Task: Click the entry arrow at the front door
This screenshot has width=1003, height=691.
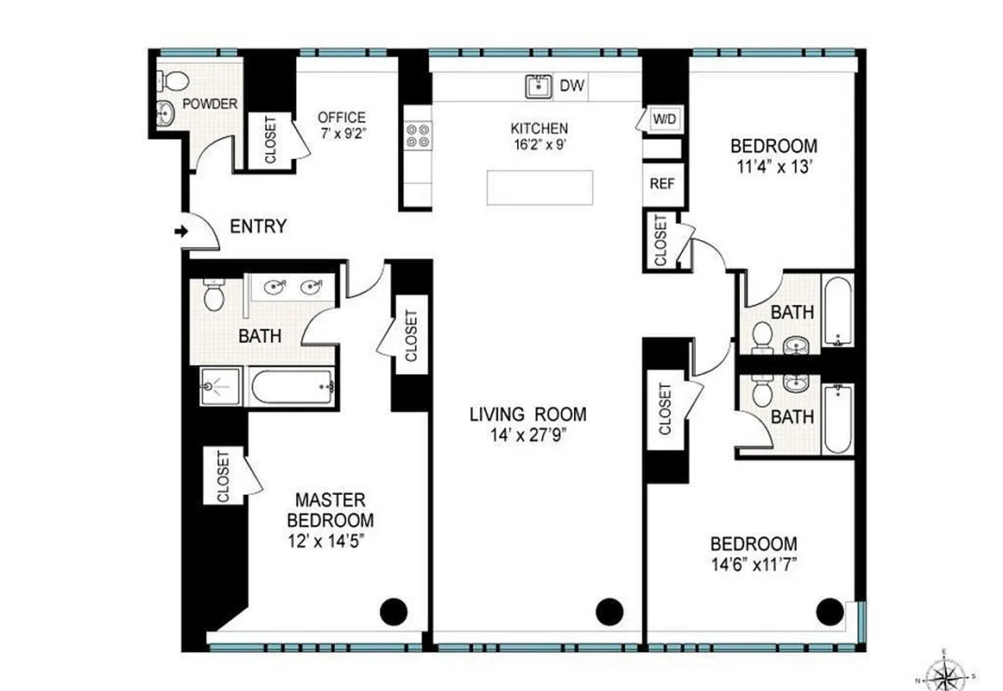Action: coord(181,231)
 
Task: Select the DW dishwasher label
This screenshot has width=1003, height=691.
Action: coord(572,86)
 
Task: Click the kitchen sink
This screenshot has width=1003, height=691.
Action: coord(539,86)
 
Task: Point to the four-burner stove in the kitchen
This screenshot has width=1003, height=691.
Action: coord(419,136)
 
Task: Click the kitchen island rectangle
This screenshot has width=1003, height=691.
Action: coord(540,187)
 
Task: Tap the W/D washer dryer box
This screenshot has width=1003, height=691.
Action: coord(664,118)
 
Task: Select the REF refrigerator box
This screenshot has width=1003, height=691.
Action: coord(662,184)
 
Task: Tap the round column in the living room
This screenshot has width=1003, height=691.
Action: coord(609,611)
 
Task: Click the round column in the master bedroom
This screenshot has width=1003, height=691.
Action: coord(394,611)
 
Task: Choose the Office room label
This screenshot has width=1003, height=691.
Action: coord(341,117)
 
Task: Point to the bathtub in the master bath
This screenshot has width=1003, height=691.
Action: coord(292,388)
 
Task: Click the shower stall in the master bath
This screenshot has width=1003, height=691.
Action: coord(218,387)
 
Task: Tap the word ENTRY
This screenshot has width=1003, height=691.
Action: coord(258,226)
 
